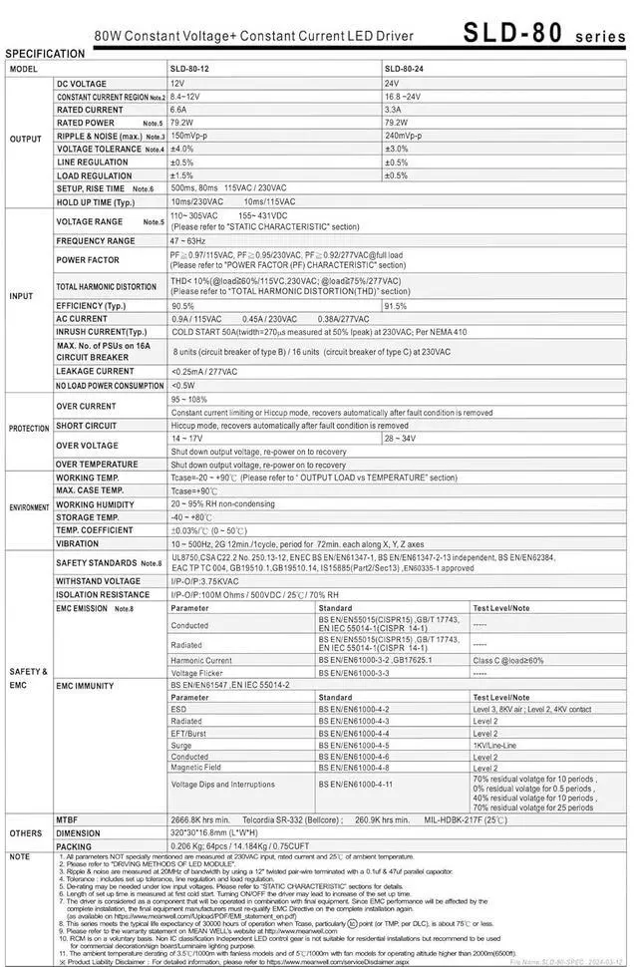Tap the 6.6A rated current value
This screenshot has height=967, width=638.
[x=179, y=110]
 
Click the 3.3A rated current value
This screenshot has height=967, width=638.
[x=393, y=110]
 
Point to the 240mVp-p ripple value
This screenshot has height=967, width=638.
[x=404, y=136]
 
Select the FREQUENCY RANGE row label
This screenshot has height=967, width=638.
[x=96, y=241]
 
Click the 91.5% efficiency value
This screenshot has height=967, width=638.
[x=396, y=306]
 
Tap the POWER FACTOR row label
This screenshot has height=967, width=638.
[x=89, y=260]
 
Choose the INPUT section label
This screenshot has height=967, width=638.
[x=22, y=296]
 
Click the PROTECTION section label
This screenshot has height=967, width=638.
[x=29, y=429]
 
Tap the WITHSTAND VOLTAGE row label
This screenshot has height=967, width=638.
[x=99, y=580]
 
